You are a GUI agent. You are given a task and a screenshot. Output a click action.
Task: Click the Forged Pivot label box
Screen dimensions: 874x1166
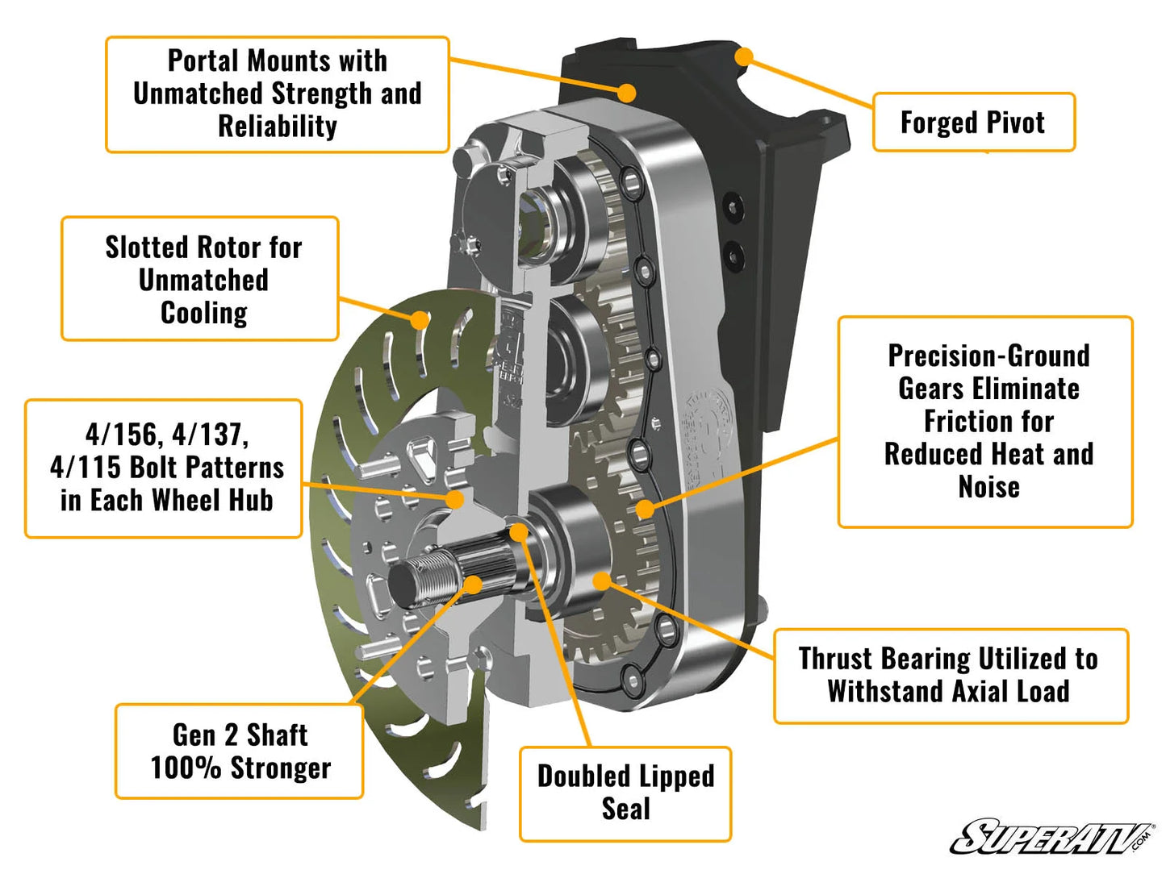tap(973, 123)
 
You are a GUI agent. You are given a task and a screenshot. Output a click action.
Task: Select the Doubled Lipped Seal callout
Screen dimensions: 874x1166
tap(625, 793)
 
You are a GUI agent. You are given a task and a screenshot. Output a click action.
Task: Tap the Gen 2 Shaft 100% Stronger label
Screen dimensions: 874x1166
tap(240, 751)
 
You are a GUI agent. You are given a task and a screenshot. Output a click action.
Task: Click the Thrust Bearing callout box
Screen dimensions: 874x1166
tap(950, 676)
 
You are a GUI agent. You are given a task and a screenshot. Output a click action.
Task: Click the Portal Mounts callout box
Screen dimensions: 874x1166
tap(277, 94)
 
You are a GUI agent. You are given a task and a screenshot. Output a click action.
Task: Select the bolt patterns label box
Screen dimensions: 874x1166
tap(165, 468)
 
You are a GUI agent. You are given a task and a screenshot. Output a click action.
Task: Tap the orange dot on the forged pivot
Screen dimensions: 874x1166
tap(744, 56)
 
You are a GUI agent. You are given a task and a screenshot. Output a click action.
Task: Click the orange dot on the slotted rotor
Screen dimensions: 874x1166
tap(419, 320)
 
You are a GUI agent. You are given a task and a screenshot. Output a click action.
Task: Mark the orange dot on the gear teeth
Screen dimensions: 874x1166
tap(644, 509)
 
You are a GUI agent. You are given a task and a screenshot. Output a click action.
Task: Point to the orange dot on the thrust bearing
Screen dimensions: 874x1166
tap(602, 581)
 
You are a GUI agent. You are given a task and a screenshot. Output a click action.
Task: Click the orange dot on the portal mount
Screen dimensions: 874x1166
tap(626, 93)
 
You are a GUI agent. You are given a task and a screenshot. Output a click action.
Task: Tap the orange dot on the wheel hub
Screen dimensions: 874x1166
tap(455, 499)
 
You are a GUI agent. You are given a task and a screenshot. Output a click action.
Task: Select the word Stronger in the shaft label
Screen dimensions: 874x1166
tap(281, 768)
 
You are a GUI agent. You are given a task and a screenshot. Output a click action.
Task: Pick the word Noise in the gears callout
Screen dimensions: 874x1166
tap(988, 488)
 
